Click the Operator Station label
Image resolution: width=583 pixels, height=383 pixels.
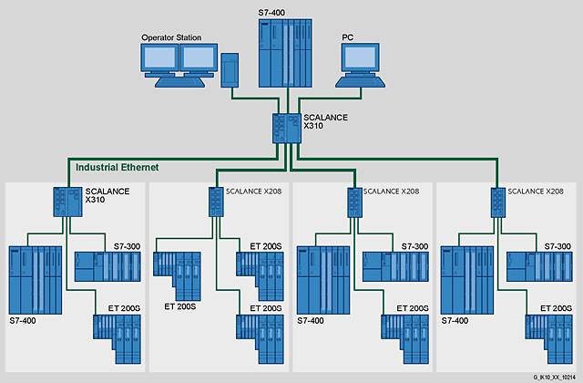pos(171,37)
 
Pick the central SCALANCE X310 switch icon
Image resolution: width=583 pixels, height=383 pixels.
pos(287,128)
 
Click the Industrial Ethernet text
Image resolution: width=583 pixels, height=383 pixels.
pos(117,168)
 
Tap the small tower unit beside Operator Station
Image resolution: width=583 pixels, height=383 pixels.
pos(230,70)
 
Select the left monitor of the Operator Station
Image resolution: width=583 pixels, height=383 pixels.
pos(158,61)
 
